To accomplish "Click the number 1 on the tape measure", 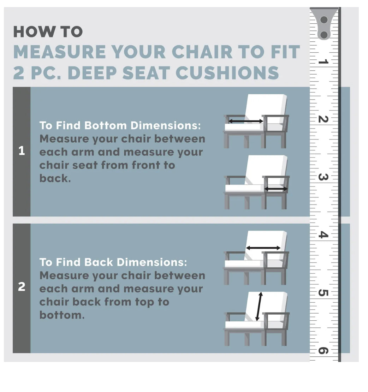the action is tap(323, 61).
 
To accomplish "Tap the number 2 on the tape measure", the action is tap(323, 119).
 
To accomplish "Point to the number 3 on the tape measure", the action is tap(323, 177).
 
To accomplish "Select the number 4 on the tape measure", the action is tap(323, 235).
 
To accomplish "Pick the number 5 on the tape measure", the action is tap(323, 292).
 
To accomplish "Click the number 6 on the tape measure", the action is tap(323, 350).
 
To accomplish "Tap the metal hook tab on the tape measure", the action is tap(324, 24).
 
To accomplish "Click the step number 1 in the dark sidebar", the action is tap(22, 151).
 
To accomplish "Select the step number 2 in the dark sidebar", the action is tap(22, 287).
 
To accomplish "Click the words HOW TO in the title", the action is tap(48, 32).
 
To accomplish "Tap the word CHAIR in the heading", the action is tap(202, 52).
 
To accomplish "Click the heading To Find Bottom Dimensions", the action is tap(120, 125).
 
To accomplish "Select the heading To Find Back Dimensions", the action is tap(113, 262).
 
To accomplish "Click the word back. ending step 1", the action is tap(55, 178).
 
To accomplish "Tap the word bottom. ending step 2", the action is tap(62, 315).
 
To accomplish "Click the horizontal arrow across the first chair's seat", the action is tap(246, 121).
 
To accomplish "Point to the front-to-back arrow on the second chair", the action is tap(276, 189).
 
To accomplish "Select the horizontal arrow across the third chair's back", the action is tap(263, 248).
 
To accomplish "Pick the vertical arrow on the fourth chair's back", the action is tap(259, 307).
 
